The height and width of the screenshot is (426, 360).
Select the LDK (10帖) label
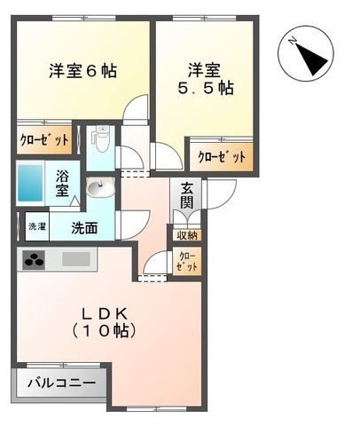[x=111, y=321]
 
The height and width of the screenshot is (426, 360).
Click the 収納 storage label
[x=186, y=235]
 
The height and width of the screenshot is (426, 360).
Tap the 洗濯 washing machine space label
[x=35, y=226]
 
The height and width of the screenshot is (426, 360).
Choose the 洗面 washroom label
[x=86, y=227]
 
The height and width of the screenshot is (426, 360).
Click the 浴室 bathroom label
[x=63, y=182]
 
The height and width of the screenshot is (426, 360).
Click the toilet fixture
[x=100, y=139]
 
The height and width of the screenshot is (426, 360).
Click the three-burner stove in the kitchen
[x=35, y=261]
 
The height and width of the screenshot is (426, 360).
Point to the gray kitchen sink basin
[x=76, y=261]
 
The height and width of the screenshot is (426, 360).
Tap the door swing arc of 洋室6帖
[x=135, y=109]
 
